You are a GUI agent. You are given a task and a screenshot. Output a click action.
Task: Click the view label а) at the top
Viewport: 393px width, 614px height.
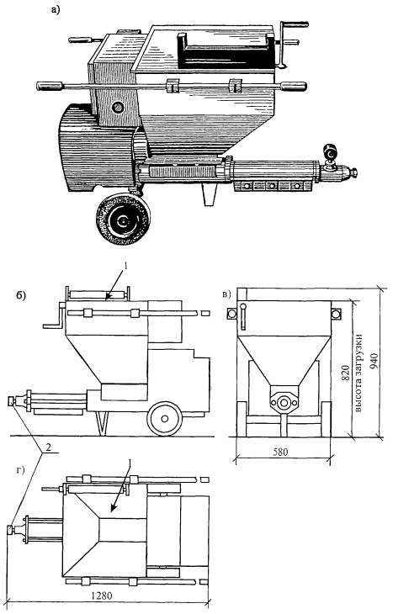(56, 10)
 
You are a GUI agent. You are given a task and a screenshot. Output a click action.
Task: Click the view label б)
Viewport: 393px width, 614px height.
(21, 295)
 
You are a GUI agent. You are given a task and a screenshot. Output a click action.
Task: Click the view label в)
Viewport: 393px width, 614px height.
(227, 294)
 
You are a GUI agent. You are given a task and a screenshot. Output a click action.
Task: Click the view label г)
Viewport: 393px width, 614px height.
(20, 470)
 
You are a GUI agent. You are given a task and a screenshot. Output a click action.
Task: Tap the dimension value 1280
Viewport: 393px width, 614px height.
(102, 595)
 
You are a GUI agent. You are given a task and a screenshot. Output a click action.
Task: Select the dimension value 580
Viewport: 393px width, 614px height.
(280, 452)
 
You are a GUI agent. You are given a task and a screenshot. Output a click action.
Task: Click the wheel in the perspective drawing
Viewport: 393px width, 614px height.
(123, 220)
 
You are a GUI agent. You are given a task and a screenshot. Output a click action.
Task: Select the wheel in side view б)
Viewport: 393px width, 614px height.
(165, 419)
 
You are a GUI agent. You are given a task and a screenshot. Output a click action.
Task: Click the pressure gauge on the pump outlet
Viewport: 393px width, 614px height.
(331, 153)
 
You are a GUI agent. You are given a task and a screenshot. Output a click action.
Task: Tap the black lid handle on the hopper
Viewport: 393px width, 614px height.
(226, 50)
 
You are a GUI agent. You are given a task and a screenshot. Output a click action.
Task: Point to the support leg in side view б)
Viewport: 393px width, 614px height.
(103, 424)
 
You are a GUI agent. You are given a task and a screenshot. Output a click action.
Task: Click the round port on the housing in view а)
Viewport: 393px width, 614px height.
(117, 107)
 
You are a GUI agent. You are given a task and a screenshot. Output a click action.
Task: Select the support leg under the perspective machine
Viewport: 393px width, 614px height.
(209, 194)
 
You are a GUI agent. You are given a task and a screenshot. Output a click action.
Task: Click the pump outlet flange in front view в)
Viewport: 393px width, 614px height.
(284, 402)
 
